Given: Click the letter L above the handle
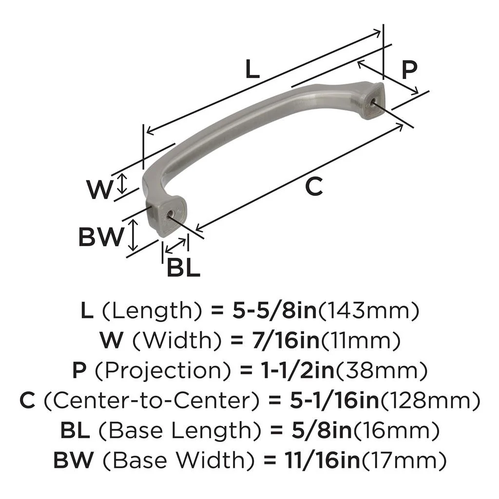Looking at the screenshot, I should coord(252,70).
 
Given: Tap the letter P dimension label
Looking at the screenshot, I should coord(409,70).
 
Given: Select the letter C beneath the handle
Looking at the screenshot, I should coord(315,186).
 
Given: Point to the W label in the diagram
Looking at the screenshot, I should coord(100,190).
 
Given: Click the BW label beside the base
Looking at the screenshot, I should coord(101,237).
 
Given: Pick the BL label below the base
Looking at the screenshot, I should coord(183,267).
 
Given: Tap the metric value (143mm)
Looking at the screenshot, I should coord(368,310).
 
